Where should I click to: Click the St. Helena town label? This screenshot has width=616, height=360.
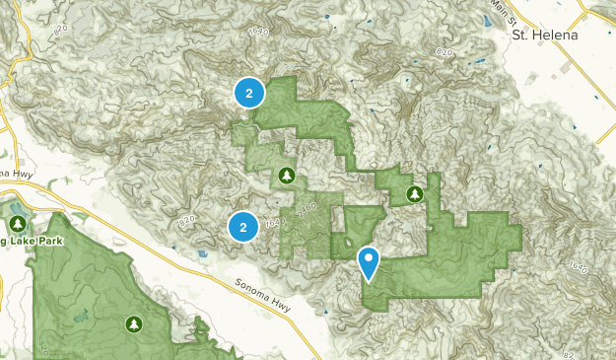[x=544, y=35]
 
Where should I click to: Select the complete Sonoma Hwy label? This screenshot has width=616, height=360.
[x=264, y=289]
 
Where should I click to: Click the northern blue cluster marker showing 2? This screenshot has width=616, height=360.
[x=249, y=94]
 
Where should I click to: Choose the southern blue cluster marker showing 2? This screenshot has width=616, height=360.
[x=243, y=227]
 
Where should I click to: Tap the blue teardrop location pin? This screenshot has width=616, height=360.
[x=369, y=263]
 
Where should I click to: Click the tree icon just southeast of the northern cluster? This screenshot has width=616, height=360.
[x=287, y=177]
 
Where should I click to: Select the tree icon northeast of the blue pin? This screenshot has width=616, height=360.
[x=415, y=193]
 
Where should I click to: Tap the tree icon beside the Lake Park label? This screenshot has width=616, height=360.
[x=17, y=210]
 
